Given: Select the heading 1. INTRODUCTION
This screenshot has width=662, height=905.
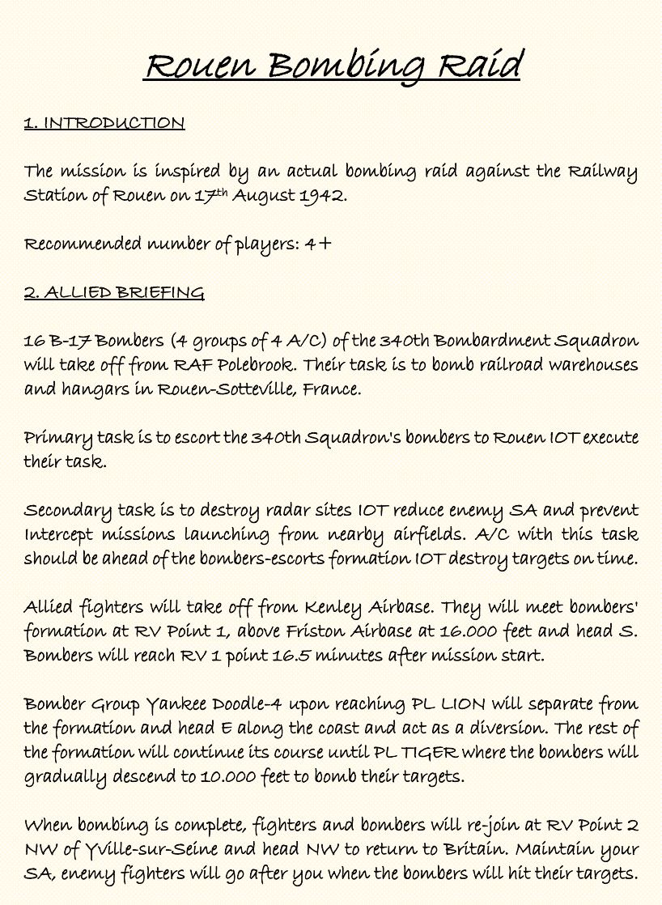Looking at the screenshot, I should [104, 123].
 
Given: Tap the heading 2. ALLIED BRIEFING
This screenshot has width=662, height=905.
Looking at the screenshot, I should [114, 292].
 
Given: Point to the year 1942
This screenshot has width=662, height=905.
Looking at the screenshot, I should [323, 196].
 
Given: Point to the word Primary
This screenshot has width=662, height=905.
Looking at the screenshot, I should [58, 438].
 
